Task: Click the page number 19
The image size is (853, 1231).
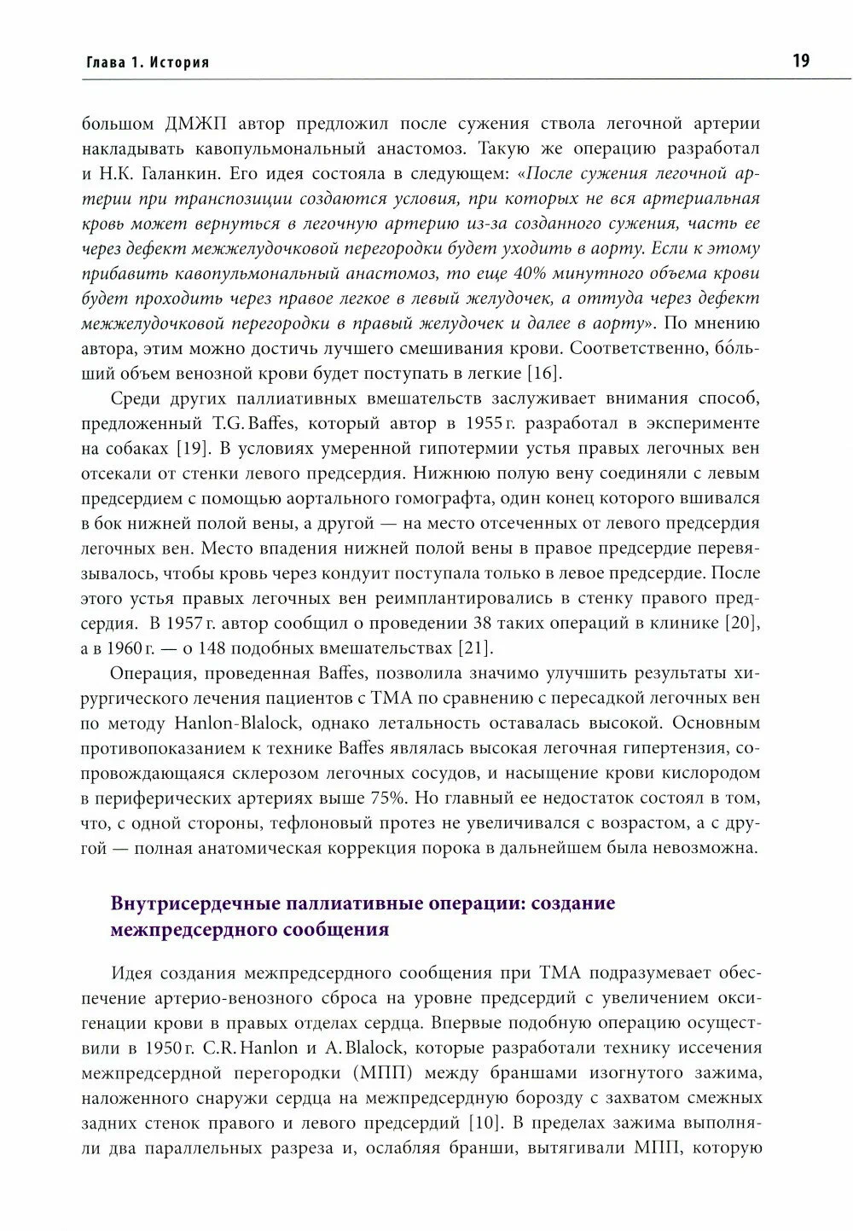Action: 801,61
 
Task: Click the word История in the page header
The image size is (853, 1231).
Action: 180,62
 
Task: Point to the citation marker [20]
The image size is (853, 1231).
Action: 742,623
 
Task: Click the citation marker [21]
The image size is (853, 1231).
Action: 476,647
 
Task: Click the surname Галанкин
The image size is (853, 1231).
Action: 171,174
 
